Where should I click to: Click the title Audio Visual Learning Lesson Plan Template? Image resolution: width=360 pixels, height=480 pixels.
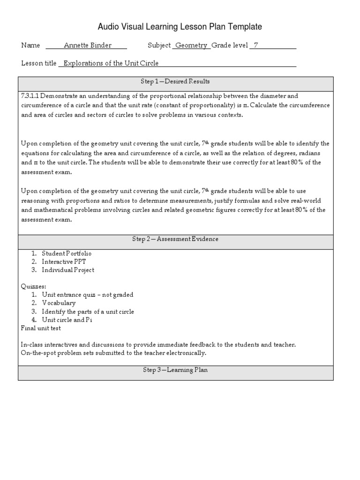180,27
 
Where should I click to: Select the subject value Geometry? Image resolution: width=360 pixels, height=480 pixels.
191,45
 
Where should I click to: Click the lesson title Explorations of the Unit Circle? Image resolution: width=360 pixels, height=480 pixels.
111,63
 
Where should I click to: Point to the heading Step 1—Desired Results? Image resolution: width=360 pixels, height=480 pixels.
175,82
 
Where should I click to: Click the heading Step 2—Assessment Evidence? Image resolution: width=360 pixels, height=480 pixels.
175,239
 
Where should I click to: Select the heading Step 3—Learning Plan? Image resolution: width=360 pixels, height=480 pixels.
175,370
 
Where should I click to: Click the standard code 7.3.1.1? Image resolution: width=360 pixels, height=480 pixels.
30,96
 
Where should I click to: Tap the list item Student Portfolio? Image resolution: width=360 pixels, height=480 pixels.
67,254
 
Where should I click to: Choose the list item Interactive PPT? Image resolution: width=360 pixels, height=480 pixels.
64,262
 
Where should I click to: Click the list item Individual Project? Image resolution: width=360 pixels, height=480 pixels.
68,270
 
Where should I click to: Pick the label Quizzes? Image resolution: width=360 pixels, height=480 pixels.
33,286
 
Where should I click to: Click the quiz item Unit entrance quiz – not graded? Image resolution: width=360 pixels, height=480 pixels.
87,295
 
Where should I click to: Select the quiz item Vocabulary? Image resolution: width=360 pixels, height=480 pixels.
59,303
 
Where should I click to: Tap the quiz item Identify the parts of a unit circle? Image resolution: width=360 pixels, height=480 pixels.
88,312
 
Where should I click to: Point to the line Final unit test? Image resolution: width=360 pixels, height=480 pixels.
41,328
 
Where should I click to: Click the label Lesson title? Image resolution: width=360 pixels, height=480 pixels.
39,63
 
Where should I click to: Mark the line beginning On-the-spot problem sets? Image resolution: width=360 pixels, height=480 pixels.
113,353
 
